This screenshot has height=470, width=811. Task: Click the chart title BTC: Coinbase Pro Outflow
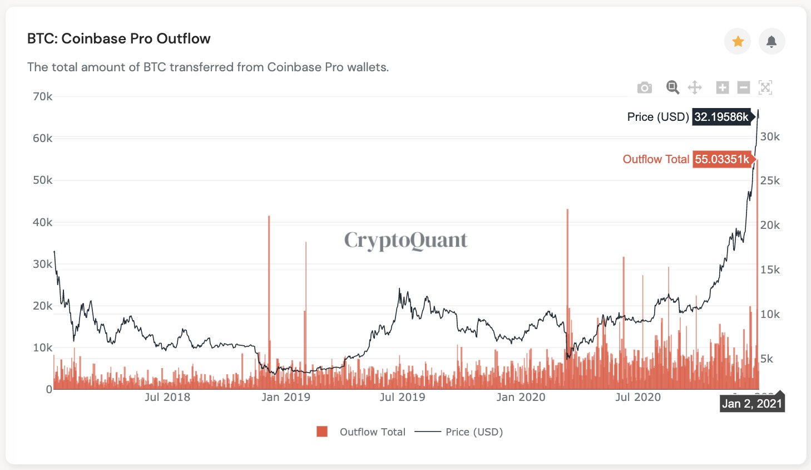[x=118, y=39]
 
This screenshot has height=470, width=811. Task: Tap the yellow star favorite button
[x=738, y=41]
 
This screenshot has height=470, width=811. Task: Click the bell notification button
[x=772, y=41]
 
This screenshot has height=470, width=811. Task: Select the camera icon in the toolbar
[x=644, y=87]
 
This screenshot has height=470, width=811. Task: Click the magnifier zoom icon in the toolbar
[x=672, y=87]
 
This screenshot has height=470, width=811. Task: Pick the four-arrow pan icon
[x=695, y=87]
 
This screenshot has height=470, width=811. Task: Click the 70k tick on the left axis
[x=42, y=96]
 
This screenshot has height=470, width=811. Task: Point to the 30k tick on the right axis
[x=770, y=136]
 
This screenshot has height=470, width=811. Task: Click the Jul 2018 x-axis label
[x=167, y=397]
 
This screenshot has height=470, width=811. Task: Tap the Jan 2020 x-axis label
[x=521, y=397]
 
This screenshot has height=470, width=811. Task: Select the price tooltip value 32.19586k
[x=721, y=117]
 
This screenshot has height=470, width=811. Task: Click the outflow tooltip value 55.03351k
[x=722, y=159]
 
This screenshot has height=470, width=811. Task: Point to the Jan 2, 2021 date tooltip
[x=751, y=404]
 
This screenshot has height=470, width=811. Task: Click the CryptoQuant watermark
[x=405, y=240]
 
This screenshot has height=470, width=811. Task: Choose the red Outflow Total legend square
[x=322, y=432]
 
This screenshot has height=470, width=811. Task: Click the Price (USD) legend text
[x=474, y=432]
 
